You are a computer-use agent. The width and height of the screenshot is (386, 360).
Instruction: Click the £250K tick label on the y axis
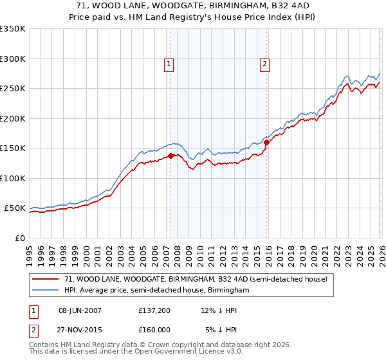[x=12, y=89]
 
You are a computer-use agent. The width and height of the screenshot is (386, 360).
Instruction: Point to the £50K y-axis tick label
[x=15, y=208]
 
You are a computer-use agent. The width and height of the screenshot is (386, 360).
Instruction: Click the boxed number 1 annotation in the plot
[x=169, y=64]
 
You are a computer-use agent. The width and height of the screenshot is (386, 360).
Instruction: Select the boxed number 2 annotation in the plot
[x=264, y=64]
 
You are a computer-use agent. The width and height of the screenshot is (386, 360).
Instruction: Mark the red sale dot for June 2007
[x=170, y=156]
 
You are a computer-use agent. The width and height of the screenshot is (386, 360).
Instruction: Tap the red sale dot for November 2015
[x=266, y=142]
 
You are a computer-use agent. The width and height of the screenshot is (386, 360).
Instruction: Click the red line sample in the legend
[x=46, y=279]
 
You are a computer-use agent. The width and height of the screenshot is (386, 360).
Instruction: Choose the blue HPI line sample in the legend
[x=46, y=291]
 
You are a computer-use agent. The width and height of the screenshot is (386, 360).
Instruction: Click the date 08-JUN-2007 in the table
[x=80, y=310]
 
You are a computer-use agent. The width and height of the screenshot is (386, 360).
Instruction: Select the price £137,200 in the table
[x=155, y=310]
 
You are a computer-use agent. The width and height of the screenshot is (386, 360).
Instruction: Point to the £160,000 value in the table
[x=155, y=330]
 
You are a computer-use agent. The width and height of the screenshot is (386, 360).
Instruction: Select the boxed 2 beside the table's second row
[x=34, y=330]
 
